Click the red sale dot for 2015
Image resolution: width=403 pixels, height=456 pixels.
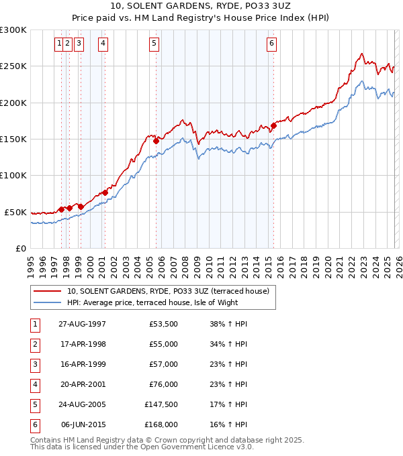point(274,125)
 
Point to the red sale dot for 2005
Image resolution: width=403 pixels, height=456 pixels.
point(156,141)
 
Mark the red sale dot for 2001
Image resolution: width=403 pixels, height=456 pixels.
point(105,192)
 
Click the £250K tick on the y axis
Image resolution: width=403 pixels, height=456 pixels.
point(13,66)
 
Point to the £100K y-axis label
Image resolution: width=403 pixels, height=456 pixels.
point(13,175)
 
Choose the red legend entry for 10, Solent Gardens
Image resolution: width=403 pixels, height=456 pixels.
point(168,291)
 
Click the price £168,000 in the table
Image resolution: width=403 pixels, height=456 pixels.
point(161,424)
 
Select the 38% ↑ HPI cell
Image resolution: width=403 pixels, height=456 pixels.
point(228,324)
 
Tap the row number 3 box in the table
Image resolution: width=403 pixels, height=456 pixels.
point(34,364)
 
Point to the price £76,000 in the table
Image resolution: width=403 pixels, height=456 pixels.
point(163,384)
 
